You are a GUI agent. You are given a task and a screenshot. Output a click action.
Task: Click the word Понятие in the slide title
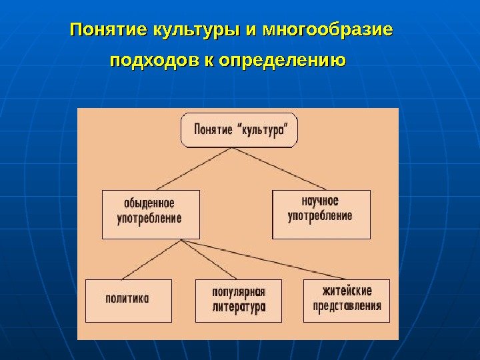pyautogui.click(x=109, y=31)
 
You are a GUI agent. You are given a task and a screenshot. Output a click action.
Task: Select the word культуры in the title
pyautogui.click(x=197, y=31)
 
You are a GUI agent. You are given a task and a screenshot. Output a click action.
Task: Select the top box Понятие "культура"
pyautogui.click(x=239, y=130)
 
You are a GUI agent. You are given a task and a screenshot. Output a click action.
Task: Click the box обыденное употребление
pyautogui.click(x=151, y=214)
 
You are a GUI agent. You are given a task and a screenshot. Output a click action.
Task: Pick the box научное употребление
pyautogui.click(x=321, y=214)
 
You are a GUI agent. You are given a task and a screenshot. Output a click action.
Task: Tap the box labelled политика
pyautogui.click(x=128, y=300)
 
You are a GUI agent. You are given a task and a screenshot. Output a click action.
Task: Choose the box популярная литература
pyautogui.click(x=239, y=300)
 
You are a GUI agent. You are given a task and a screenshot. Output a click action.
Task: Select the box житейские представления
pyautogui.click(x=347, y=300)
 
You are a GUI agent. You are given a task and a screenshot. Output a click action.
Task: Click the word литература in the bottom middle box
pyautogui.click(x=239, y=307)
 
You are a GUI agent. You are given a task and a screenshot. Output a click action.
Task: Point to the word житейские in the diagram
pyautogui.click(x=347, y=292)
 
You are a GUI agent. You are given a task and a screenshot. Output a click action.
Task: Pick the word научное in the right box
pyautogui.click(x=321, y=201)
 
